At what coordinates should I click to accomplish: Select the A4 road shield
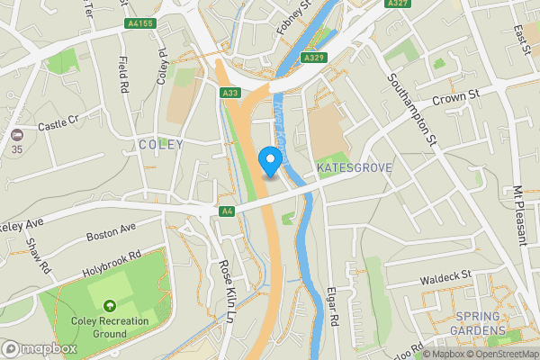[228, 211]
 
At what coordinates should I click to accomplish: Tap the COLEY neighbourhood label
[161, 144]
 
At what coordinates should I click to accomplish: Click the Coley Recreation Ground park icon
[109, 306]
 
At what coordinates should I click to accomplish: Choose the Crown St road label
[458, 94]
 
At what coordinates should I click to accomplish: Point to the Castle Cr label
[58, 121]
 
